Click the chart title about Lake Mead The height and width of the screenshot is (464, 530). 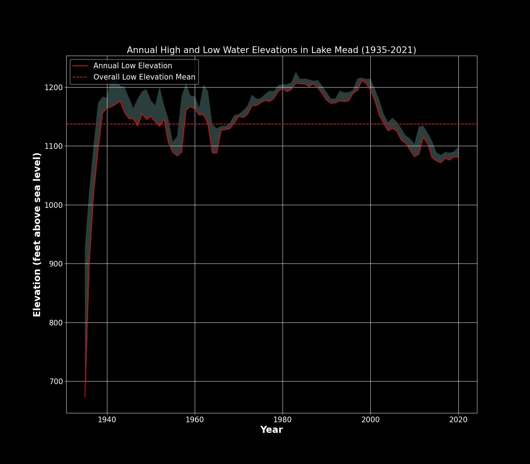click(271, 50)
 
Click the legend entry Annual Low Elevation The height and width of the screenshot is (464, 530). click(132, 66)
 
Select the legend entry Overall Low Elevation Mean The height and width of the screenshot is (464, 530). click(144, 77)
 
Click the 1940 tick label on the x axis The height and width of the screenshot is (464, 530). click(107, 420)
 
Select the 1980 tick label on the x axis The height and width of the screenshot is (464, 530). click(283, 420)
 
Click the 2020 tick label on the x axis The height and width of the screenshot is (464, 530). click(458, 420)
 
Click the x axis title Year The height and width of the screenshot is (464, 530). click(271, 430)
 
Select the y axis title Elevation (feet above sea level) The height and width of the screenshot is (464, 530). click(37, 234)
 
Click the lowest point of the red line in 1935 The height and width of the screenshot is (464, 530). click(85, 396)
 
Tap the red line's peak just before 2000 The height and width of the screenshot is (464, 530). click(362, 80)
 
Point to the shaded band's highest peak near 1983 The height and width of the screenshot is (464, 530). click(296, 73)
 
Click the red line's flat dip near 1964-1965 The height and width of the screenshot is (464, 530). click(215, 153)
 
